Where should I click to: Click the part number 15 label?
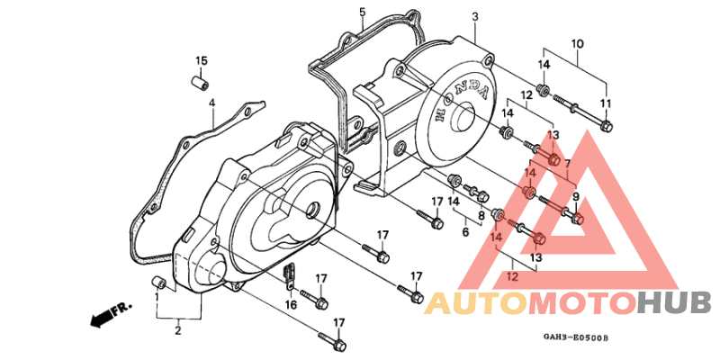(202, 60)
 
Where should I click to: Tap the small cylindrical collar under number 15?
(200, 82)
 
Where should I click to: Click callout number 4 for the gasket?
(211, 103)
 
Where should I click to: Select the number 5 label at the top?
(363, 12)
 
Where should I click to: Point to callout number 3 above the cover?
(475, 17)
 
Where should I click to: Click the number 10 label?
(577, 44)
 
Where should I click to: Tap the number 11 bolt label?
(606, 103)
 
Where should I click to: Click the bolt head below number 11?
(606, 124)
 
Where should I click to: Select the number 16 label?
(291, 304)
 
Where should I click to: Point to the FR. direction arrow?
(111, 314)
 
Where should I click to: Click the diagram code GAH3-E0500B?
(576, 338)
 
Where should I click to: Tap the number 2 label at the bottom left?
(178, 330)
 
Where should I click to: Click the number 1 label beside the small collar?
(157, 298)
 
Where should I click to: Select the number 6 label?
(465, 232)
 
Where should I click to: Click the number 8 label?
(481, 215)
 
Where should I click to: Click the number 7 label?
(568, 164)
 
